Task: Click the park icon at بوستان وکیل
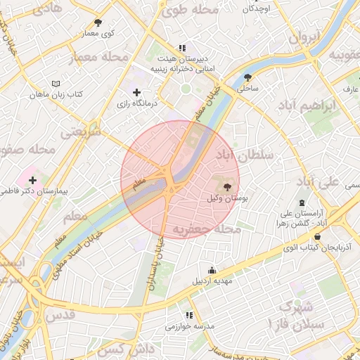point(226,186)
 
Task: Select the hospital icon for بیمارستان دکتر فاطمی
point(32,180)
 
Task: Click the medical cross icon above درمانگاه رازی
point(136,92)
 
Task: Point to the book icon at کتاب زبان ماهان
point(36,84)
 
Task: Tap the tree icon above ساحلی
point(247,77)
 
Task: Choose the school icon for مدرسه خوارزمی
point(188,316)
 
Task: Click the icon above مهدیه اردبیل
point(212,270)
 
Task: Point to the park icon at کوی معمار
point(97,22)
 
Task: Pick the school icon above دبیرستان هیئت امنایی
point(182,49)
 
